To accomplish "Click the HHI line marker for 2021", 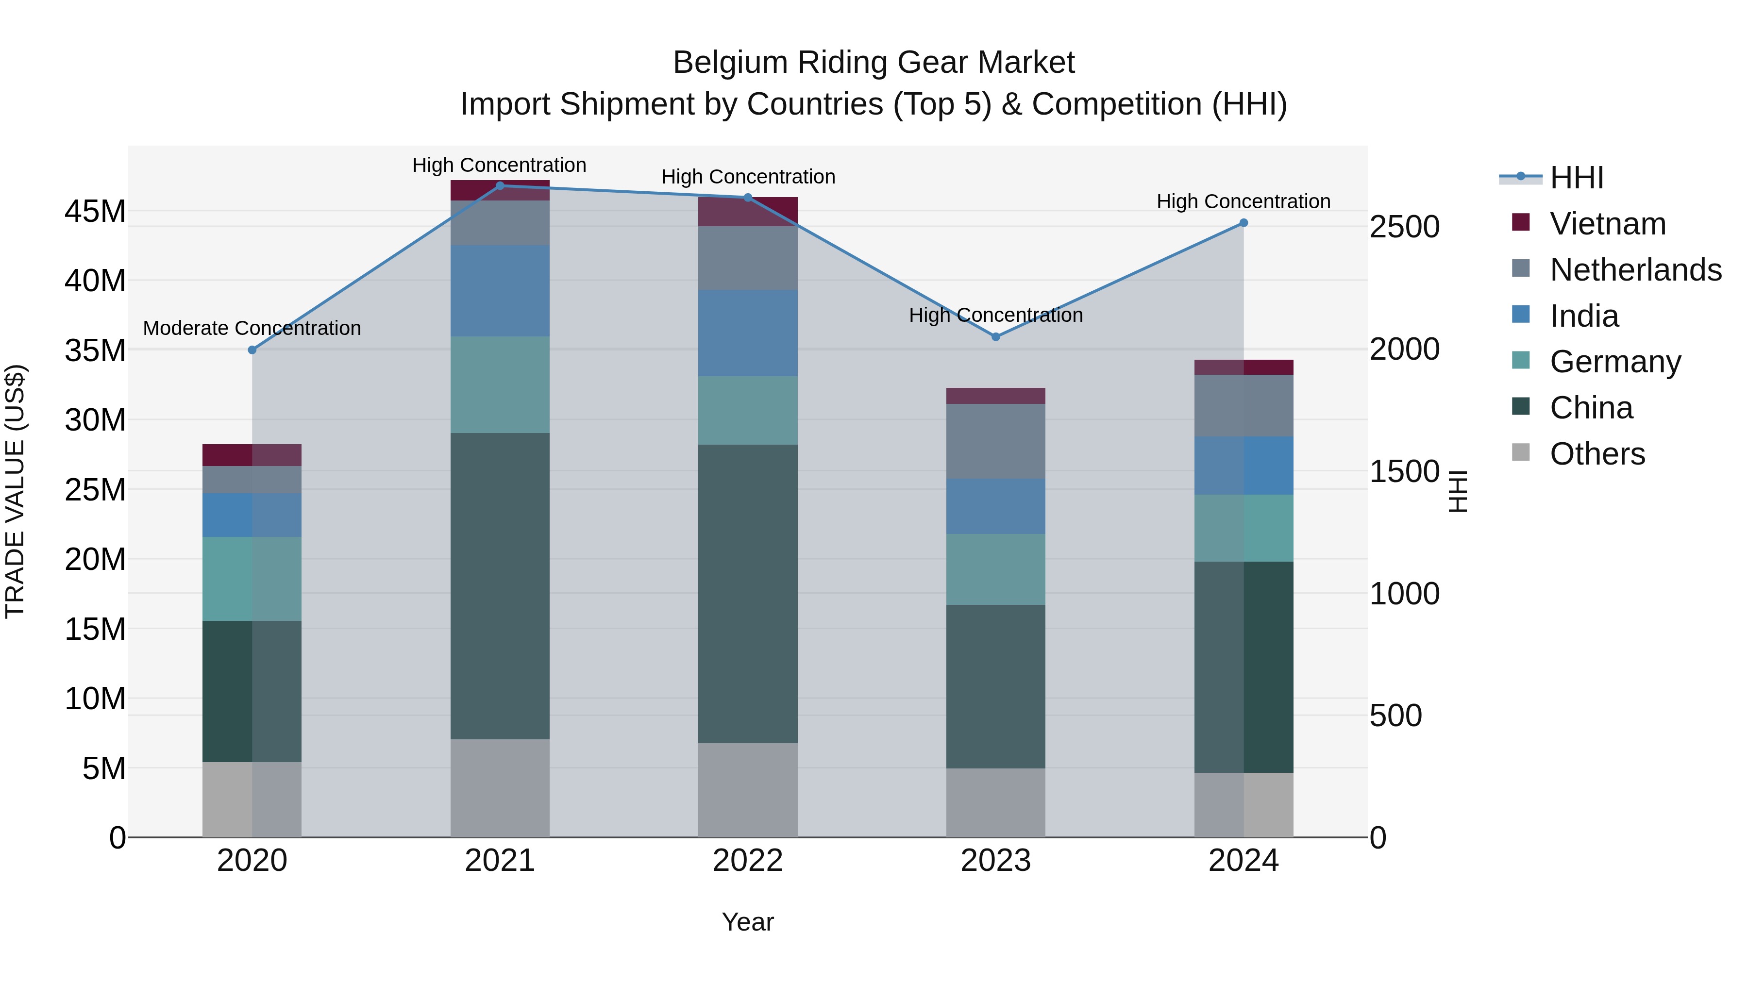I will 500,185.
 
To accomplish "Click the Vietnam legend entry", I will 1607,224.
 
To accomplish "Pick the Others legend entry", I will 1597,454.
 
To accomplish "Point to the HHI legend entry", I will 1576,178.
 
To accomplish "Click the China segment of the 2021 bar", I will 500,585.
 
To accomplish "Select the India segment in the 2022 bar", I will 748,333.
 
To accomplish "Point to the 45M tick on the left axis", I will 95,212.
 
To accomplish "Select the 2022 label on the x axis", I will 748,861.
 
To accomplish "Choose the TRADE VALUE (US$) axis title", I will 15,491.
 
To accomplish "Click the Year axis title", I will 748,922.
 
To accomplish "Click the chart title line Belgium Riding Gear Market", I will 874,63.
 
